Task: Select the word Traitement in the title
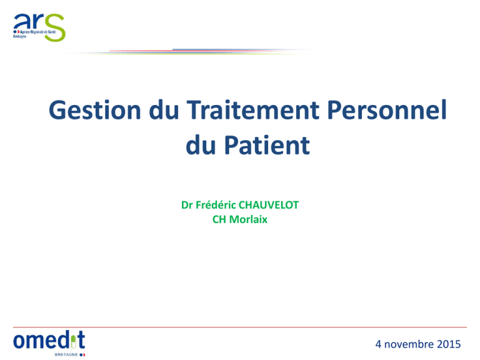click(253, 109)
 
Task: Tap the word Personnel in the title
click(387, 109)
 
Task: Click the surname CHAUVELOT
click(269, 205)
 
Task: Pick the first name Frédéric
click(216, 205)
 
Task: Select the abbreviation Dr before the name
click(187, 205)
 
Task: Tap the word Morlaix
click(248, 219)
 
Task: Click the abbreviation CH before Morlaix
click(219, 219)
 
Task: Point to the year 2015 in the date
click(449, 344)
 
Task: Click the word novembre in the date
click(409, 344)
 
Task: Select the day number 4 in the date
click(378, 344)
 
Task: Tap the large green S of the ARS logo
click(54, 27)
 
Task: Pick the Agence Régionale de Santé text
click(38, 32)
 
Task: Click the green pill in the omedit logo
click(74, 342)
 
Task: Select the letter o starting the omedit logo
click(19, 341)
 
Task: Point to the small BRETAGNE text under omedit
click(66, 354)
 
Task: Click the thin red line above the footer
click(240, 327)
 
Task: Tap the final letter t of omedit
click(81, 339)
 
